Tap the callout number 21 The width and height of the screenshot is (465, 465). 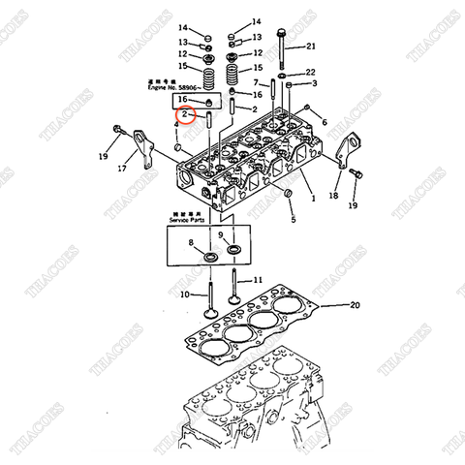pos(310,46)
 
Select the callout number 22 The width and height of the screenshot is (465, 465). pos(310,73)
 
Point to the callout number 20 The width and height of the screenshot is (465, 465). pos(355,305)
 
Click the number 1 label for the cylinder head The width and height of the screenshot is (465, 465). pos(312,198)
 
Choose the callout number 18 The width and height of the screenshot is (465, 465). pos(334,196)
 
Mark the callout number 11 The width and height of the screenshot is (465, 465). pos(258,280)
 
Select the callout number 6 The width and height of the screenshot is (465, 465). pos(324,122)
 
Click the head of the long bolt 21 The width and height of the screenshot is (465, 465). pos(280,32)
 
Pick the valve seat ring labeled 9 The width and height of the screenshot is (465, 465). pos(233,250)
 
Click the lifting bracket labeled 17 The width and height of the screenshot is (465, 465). pos(140,146)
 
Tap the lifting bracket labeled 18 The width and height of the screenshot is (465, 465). pos(342,157)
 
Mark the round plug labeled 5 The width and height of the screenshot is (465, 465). pos(287,199)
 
